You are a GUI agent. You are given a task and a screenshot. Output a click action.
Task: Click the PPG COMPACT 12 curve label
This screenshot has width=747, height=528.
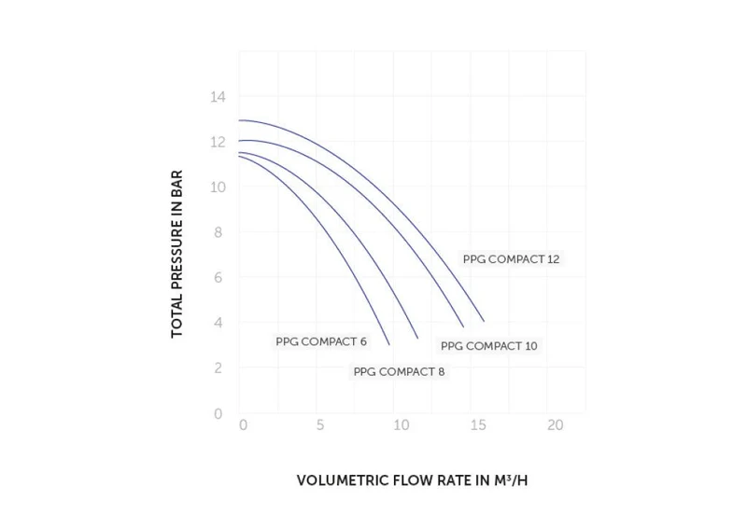(511, 259)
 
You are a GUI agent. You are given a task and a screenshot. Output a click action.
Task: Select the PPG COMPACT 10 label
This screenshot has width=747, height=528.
(488, 346)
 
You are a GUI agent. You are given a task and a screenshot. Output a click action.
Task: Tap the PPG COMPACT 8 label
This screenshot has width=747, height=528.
(400, 372)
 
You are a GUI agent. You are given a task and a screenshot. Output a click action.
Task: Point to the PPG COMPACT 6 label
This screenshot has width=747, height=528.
(321, 341)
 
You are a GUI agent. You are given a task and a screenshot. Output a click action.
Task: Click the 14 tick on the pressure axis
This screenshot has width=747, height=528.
(218, 97)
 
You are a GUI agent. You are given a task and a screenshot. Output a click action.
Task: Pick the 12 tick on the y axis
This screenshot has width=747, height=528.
(218, 142)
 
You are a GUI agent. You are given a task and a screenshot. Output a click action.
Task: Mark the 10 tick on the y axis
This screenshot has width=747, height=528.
(218, 188)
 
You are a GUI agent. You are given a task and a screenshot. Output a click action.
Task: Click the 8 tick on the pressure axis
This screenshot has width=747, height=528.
(218, 232)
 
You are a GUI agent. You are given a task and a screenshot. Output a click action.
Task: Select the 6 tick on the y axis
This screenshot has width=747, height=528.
(218, 277)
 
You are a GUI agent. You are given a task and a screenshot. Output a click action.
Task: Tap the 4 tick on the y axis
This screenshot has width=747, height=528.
(218, 323)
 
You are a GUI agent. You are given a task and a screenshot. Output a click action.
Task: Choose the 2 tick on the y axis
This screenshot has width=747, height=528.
(218, 368)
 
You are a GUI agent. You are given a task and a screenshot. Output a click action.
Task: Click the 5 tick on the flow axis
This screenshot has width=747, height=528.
(320, 424)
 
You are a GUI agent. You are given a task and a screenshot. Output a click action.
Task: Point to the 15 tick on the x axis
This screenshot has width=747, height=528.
(478, 424)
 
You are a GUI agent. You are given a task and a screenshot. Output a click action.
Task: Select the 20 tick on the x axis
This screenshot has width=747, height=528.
(555, 424)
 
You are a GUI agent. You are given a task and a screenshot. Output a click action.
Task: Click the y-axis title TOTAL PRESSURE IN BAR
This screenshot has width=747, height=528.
(176, 255)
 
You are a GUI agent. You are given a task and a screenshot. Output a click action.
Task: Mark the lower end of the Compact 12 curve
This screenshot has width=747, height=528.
(484, 321)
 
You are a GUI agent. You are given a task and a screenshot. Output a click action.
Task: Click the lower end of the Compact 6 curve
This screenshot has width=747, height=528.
(389, 344)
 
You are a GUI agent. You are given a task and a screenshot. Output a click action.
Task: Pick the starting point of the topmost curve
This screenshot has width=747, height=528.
(239, 120)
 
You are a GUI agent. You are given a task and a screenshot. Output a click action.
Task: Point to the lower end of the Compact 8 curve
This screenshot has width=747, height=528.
(417, 338)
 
